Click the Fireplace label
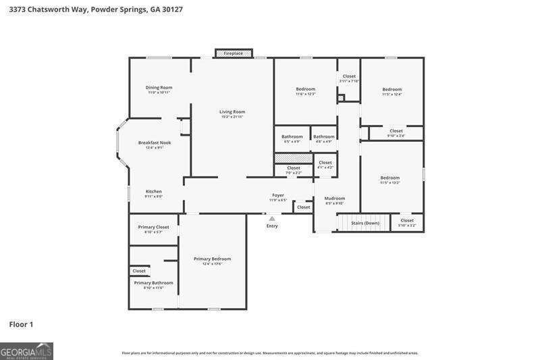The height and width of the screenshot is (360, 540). click(234, 53)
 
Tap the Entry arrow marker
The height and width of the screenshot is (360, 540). click(272, 219)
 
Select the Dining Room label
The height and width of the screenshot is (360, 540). click(159, 87)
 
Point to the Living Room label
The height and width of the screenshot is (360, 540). click(232, 111)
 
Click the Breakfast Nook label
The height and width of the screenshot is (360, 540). click(155, 143)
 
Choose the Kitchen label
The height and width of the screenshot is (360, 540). click(154, 191)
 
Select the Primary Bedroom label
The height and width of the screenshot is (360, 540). click(212, 259)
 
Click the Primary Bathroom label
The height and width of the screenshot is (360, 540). click(153, 282)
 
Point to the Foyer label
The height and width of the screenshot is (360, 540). click(278, 195)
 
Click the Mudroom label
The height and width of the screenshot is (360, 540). click(335, 198)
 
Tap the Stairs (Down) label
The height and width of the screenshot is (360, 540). click(365, 222)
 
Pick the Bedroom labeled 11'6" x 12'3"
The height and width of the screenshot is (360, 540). click(305, 89)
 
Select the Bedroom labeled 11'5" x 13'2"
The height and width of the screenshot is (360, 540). click(390, 178)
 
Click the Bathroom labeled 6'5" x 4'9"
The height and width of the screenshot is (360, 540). click(292, 136)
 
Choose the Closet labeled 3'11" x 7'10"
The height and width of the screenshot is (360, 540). click(349, 76)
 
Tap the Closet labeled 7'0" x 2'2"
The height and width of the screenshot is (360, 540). click(294, 168)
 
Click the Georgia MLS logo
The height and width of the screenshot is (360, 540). click(26, 351)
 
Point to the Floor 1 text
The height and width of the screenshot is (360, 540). click(21, 325)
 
